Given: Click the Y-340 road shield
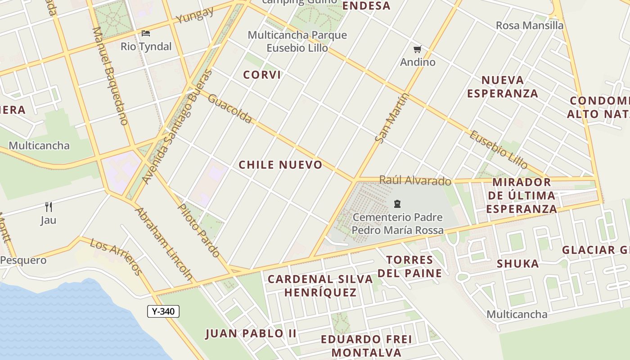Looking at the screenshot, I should pos(163,311).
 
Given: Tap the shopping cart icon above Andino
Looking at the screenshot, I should pos(418,49).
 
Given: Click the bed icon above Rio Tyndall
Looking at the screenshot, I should pos(146,33).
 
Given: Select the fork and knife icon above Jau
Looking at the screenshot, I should pos(49,207).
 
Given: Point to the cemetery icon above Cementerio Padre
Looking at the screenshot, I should pos(397,204).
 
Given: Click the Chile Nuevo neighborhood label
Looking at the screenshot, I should pos(280,165).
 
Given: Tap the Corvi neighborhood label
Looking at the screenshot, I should pos(262,75).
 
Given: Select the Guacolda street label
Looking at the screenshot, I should pos(230,108).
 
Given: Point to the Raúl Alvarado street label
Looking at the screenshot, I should pos(415,180).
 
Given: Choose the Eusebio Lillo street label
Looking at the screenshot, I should pos(499,149).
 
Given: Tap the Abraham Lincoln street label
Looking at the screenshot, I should pos(164,244).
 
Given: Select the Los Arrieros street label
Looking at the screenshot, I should pos(116,256).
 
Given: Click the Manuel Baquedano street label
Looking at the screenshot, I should pos(110,76).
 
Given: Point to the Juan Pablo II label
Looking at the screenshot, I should pos(251,333).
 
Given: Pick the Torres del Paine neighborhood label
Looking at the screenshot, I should pos(409,266).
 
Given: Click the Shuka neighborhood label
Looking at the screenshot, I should pos(517,264).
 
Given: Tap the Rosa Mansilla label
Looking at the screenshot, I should pos(529,26).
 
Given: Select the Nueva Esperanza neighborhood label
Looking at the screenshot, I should pos(502,86).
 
